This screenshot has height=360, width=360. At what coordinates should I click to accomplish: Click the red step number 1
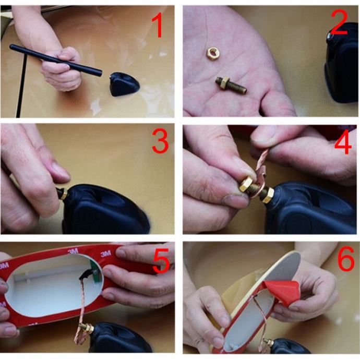click(158, 25)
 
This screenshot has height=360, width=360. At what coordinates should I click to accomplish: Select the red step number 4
click(343, 142)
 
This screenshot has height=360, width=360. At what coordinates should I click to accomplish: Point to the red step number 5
click(161, 261)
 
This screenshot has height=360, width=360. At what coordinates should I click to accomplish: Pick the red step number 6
click(346, 258)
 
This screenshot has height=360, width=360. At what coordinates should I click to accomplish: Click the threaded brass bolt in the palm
click(231, 85)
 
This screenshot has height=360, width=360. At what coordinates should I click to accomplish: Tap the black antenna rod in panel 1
click(56, 60)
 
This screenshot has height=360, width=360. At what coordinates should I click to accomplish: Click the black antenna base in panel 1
click(124, 84)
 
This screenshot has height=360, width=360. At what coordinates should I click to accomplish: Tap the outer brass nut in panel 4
click(246, 185)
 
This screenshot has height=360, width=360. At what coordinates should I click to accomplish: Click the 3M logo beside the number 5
click(106, 254)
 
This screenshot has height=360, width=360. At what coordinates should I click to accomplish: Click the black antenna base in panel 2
click(343, 64)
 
